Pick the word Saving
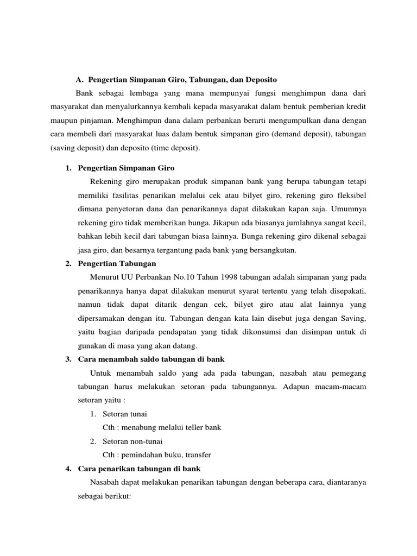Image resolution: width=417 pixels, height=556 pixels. [x=353, y=318]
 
